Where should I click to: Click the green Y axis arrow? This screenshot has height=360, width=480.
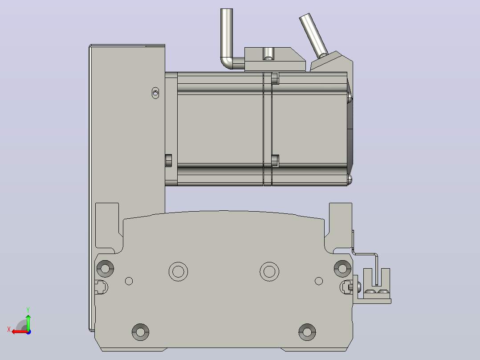point(28,322)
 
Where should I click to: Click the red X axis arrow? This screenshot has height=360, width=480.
point(19,331)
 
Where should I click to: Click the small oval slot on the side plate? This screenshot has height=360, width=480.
point(155,93)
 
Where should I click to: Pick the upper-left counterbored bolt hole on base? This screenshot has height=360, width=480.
point(105,269)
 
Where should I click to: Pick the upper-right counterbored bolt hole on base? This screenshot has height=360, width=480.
point(342,269)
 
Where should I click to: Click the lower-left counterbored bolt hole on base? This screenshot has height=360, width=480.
point(141,332)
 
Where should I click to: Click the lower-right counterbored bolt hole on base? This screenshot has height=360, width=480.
point(307,332)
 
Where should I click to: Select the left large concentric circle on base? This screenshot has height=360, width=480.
point(178,271)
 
